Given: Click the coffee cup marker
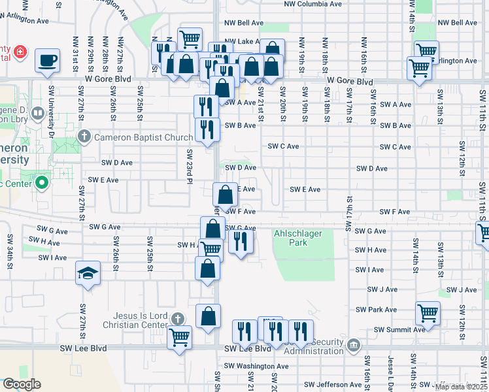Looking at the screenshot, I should [x=47, y=61].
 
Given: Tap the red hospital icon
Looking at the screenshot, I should [x=21, y=51].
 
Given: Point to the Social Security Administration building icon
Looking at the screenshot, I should [x=353, y=345].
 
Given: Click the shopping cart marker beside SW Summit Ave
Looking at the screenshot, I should [x=428, y=314].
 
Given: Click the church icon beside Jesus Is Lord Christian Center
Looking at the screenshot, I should [x=177, y=319].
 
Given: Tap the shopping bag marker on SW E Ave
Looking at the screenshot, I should [x=226, y=195].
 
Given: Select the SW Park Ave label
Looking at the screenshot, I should [x=376, y=310].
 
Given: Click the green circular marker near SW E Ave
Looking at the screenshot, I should [x=43, y=182].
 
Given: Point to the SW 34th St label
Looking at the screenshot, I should [x=10, y=248].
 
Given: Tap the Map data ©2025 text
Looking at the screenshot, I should [x=461, y=387].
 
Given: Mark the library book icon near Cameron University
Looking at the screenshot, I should [x=39, y=115].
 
